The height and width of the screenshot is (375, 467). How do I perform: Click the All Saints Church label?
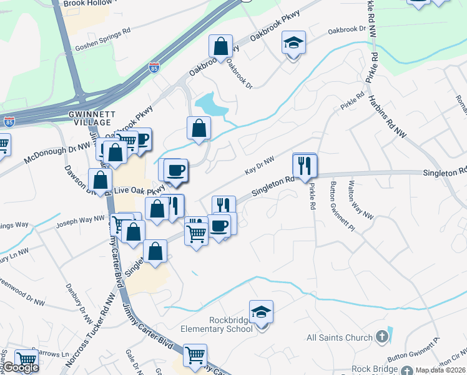pos(340,338)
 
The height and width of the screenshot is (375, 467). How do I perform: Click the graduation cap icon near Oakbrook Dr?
pos(293,43)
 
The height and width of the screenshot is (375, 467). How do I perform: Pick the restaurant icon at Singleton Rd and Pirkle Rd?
pos(305,166)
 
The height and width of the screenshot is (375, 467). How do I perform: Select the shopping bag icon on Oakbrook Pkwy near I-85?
pos(221,46)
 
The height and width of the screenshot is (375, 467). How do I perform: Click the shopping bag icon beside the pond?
pos(199,128)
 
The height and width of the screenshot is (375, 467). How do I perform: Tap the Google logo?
pos(21,367)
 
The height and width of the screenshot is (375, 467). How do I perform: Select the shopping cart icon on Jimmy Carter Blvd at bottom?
pos(195,356)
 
